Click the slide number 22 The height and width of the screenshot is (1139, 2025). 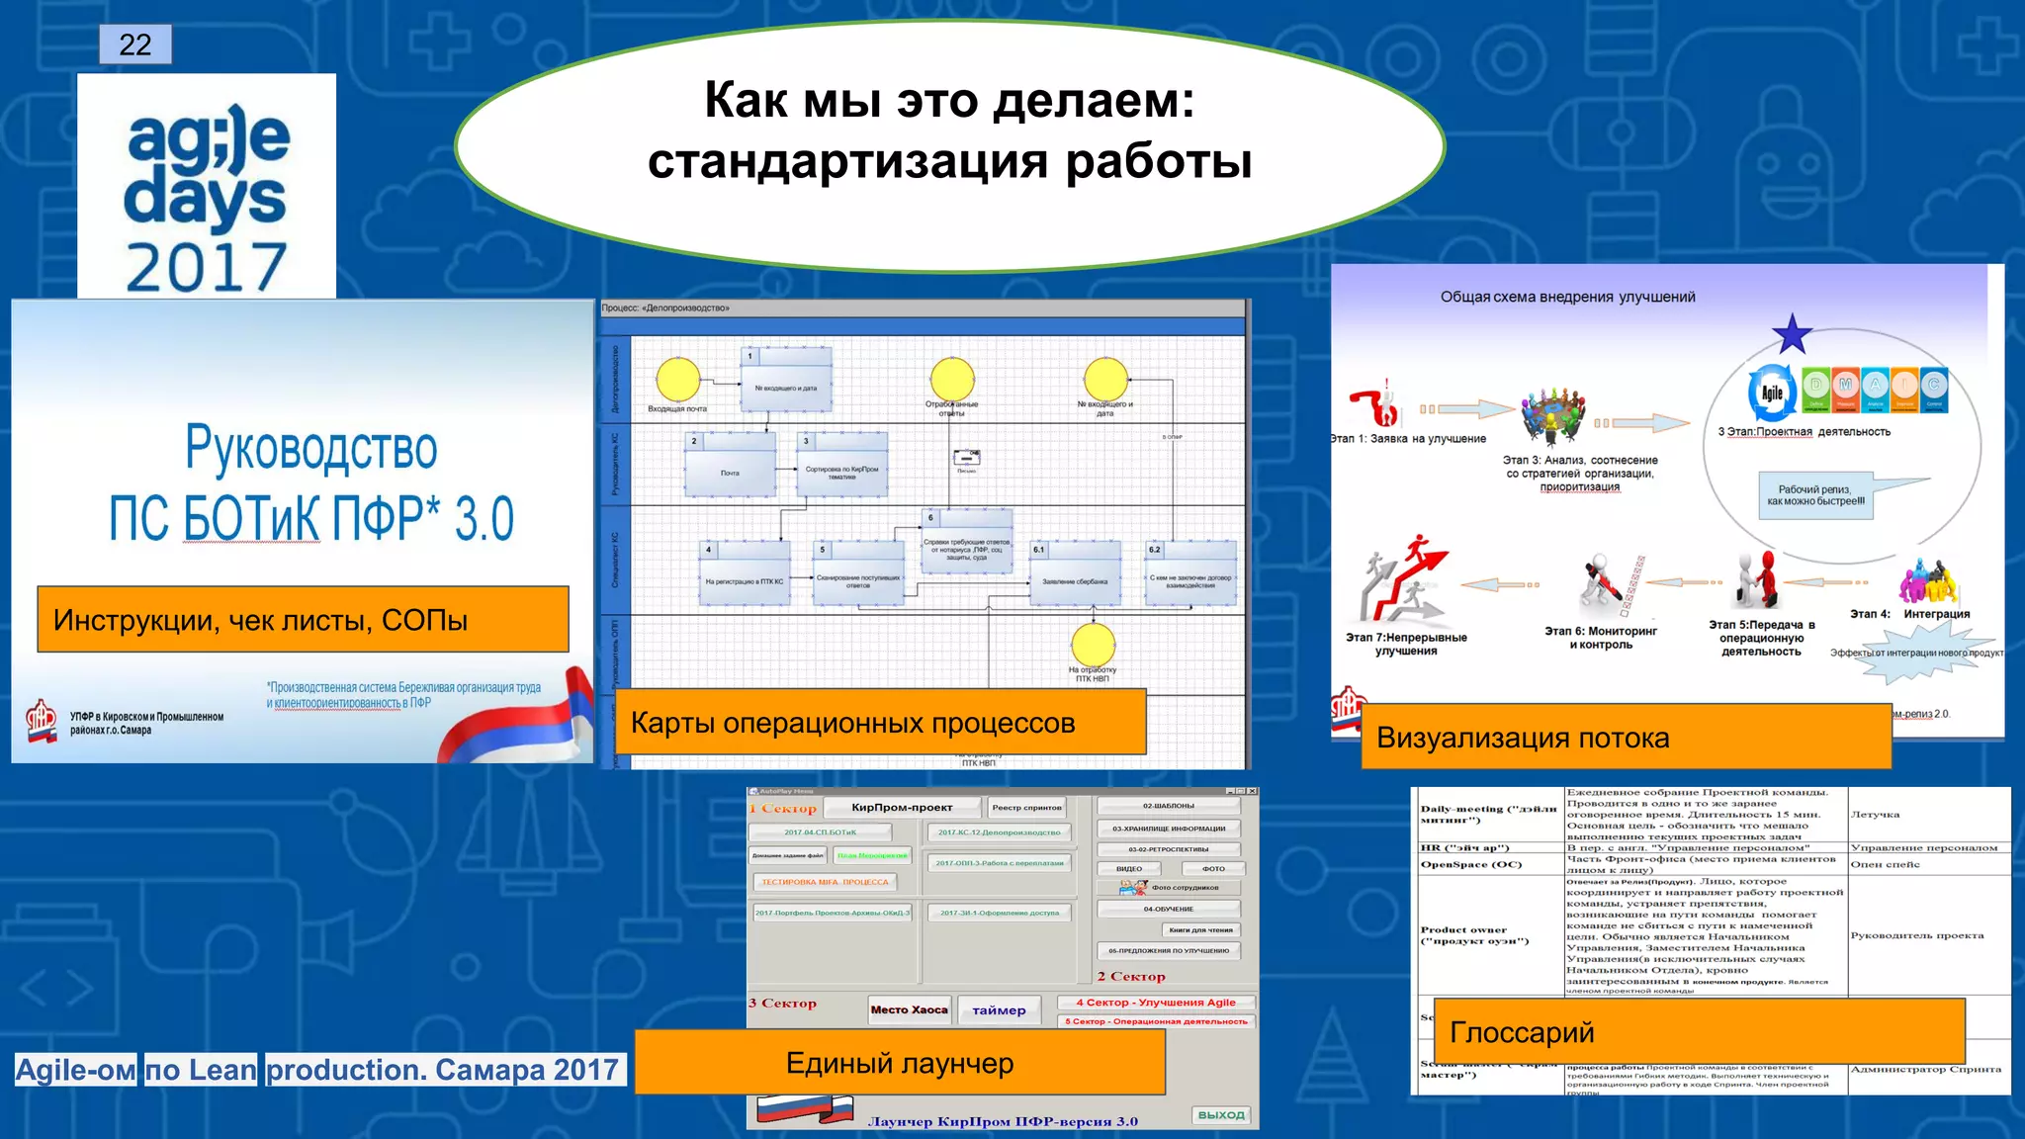coord(135,44)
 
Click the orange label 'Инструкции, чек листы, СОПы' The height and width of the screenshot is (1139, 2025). coord(303,620)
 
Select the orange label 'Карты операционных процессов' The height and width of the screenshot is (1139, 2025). coord(880,723)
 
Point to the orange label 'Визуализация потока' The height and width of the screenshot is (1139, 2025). coord(1626,738)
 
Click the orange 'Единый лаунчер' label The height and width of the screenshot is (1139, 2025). coord(900,1063)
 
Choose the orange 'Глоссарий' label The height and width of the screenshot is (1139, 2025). coord(1698,1032)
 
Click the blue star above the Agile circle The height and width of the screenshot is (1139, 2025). coord(1792,335)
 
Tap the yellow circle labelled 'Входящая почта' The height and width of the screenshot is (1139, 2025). coord(678,381)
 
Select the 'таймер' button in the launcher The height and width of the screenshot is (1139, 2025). coord(999,1010)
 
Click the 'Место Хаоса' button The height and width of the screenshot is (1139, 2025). coord(909,1009)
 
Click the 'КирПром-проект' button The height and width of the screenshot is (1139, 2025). coord(902,808)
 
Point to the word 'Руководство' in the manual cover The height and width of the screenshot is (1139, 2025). coord(311,448)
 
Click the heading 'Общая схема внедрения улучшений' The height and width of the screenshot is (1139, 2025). coord(1567,297)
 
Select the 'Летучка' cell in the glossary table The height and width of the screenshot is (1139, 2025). coord(1875,815)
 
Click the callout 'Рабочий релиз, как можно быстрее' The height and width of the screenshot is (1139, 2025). coord(1815,495)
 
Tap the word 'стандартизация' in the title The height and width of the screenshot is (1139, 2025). coord(846,161)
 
